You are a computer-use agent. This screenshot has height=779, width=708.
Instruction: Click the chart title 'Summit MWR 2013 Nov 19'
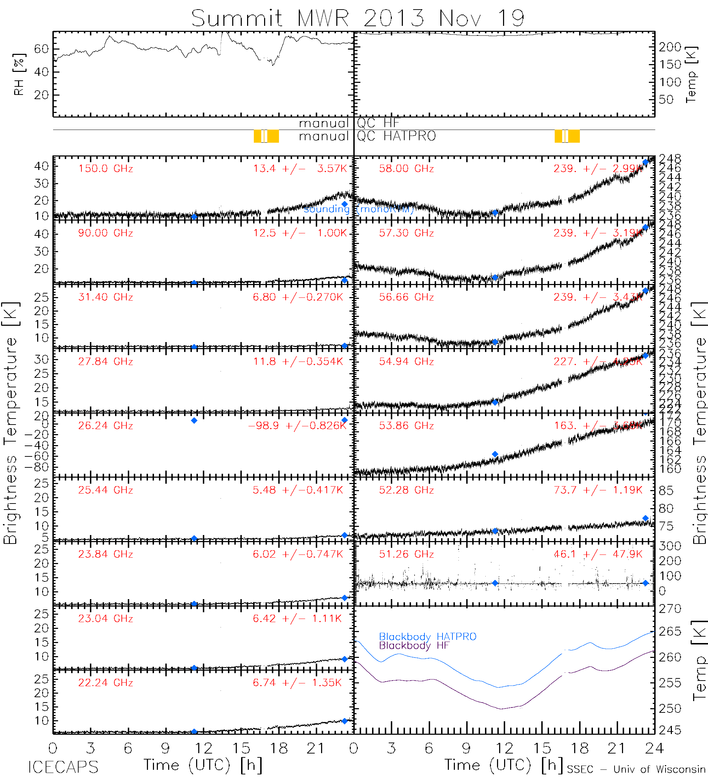358,18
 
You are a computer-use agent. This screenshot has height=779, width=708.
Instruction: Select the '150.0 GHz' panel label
105,169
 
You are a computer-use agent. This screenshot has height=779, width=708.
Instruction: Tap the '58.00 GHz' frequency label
406,169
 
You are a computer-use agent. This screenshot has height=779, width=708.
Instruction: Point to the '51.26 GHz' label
406,554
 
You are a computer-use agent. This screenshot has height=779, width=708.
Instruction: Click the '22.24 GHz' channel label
105,683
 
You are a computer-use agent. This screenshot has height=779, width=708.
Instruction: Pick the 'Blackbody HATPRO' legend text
428,636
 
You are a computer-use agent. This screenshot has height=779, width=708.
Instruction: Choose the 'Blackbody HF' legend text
414,646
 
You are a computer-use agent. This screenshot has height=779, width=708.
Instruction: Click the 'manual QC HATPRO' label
367,136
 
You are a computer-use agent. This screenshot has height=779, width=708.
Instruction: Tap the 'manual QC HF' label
349,123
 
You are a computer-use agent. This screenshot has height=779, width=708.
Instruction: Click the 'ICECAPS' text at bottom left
63,767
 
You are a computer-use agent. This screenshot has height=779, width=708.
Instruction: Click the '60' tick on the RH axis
41,49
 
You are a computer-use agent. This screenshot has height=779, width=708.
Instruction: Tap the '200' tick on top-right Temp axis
670,47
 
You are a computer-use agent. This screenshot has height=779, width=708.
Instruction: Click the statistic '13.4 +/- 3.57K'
300,169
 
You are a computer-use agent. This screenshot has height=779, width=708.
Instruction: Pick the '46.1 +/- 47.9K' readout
598,554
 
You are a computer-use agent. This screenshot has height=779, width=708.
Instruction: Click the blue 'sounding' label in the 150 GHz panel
326,209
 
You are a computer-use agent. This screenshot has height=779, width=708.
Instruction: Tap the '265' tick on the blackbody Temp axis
670,631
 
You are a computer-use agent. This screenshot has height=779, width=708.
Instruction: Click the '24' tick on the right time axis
654,749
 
